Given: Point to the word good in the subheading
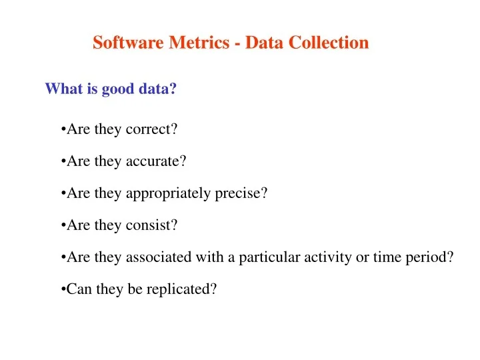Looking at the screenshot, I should click(x=118, y=89).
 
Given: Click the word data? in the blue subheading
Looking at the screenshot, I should click(x=157, y=89).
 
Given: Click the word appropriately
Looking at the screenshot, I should click(x=168, y=194).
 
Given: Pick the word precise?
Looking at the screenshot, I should click(x=241, y=193).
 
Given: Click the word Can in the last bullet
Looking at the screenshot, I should click(x=79, y=289).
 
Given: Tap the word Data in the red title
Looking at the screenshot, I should click(x=266, y=43).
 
